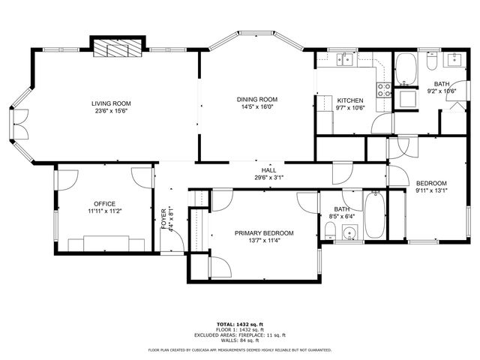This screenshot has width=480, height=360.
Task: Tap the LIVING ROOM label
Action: coord(111,103)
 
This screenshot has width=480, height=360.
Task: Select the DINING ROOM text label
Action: coord(257,99)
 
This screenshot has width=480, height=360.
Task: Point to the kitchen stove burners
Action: coord(383,90)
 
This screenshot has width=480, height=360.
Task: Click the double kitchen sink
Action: coord(345,59)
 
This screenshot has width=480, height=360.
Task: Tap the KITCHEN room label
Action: coord(349,100)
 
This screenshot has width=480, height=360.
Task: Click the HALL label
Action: coord(268,170)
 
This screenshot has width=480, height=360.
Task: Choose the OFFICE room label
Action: coord(104,204)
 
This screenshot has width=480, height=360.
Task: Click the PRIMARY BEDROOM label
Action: coord(263,233)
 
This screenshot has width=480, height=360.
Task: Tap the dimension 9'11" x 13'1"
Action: coord(431,190)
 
